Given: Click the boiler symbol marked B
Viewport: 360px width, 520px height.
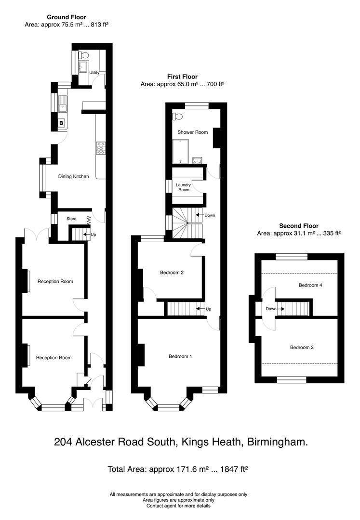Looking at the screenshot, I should [x=61, y=123].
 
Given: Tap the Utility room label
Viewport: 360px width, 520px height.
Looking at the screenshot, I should [x=94, y=72].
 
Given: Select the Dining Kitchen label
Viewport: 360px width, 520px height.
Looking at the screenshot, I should [x=74, y=177].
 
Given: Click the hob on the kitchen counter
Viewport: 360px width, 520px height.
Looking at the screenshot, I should [x=101, y=148].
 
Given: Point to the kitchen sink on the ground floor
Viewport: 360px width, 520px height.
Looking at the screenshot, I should [x=62, y=103].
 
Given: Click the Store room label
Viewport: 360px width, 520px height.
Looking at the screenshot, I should [x=71, y=219].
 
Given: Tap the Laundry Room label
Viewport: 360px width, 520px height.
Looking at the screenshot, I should [x=183, y=187].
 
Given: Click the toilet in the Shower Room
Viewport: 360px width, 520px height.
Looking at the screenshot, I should [x=178, y=116].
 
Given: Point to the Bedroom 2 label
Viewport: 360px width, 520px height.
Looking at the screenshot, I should [x=172, y=273].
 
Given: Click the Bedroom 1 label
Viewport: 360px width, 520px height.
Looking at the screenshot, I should [x=180, y=357].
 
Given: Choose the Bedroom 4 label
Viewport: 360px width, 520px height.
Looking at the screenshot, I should [x=310, y=285].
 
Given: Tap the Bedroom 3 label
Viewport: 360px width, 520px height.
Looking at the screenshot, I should [x=302, y=347].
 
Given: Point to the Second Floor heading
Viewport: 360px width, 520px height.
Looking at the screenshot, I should [x=299, y=226].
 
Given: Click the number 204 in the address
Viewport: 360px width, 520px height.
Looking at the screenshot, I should [x=64, y=442].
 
